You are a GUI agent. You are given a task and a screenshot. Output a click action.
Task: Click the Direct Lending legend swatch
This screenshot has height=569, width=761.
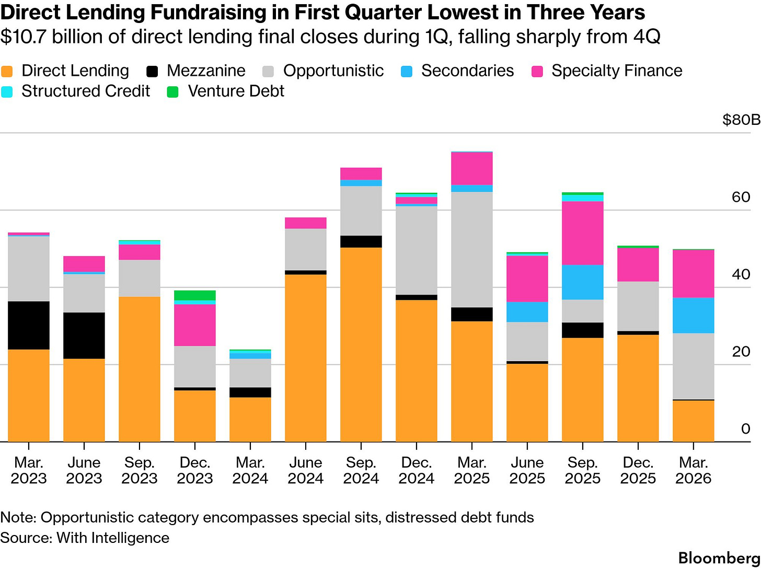[7, 71]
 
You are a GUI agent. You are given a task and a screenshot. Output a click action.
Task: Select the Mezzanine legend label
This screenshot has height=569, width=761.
[206, 71]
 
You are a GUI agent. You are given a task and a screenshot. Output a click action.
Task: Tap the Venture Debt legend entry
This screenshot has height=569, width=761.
[236, 91]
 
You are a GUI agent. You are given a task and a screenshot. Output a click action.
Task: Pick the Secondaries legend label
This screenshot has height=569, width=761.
[467, 71]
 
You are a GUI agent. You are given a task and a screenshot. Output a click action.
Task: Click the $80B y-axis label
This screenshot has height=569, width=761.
[741, 120]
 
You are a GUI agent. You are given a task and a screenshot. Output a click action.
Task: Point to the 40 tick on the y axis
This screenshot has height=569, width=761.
[741, 274]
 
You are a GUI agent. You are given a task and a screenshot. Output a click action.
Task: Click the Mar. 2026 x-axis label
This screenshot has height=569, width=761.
[693, 470]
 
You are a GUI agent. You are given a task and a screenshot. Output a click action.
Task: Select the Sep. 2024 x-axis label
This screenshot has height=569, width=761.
[361, 470]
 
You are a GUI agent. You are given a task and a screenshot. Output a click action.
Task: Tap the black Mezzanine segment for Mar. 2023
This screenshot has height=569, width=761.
[29, 325]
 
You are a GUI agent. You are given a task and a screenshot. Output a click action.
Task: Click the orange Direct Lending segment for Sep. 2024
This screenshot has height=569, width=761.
[361, 345]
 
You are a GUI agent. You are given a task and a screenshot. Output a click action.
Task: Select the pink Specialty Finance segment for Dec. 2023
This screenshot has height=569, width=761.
[194, 325]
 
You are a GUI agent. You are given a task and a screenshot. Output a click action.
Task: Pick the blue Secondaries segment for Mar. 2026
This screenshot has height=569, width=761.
[693, 315]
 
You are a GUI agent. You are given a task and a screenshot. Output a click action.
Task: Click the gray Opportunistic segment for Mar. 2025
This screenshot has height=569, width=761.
[471, 249]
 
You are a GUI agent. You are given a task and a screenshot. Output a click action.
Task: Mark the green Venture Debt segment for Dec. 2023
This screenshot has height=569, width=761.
[194, 295]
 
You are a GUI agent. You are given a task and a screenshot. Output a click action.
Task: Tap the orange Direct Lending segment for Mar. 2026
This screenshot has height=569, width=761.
[693, 421]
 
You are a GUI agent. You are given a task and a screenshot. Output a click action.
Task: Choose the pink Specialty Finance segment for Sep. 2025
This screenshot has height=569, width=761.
[582, 233]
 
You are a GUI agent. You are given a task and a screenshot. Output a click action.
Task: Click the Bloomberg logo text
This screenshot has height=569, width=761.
[719, 557]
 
